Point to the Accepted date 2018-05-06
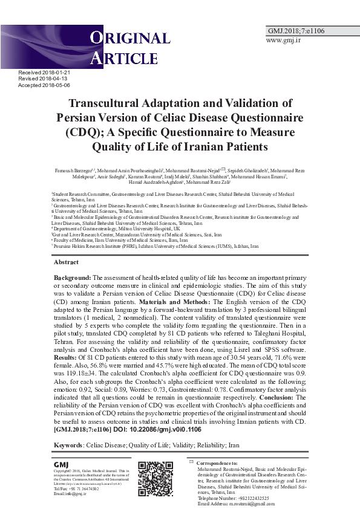44,85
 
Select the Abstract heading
66,262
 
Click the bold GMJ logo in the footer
61,464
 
